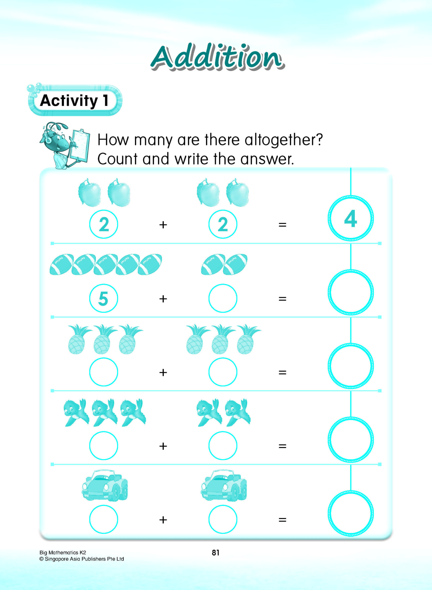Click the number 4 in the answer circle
click(350, 218)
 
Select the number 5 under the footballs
click(103, 298)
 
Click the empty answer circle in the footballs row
click(350, 292)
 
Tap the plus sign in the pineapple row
click(163, 372)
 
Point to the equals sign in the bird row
click(282, 446)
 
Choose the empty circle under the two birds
click(223, 446)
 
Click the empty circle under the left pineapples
click(103, 372)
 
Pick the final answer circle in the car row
click(350, 513)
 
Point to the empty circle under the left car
click(103, 519)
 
